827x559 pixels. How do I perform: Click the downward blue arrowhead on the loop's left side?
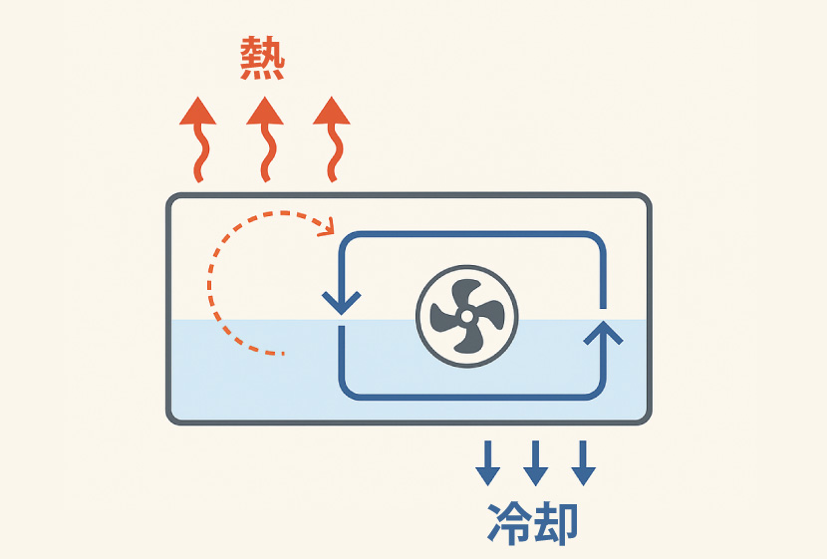coord(341,301)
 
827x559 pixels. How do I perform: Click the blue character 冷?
coord(508,522)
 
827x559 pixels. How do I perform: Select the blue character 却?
coord(556,522)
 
